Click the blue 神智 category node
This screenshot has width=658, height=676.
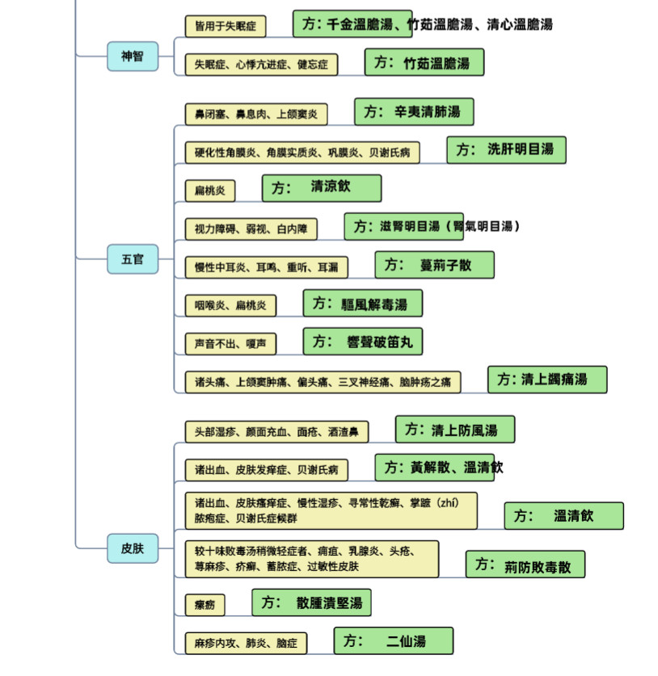click(x=132, y=57)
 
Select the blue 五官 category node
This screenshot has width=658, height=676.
click(x=132, y=259)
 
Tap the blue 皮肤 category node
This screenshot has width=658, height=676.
click(x=132, y=548)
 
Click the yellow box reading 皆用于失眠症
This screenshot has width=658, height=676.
click(x=226, y=26)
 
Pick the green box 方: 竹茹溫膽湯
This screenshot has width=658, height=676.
click(x=424, y=62)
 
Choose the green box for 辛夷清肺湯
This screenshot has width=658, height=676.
click(x=413, y=111)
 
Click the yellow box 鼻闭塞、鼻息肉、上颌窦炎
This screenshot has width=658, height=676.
click(x=255, y=114)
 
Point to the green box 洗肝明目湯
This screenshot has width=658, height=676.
click(x=506, y=149)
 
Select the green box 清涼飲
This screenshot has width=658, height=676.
click(x=321, y=187)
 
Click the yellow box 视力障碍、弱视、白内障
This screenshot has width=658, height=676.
click(x=250, y=229)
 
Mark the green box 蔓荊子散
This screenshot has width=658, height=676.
click(x=434, y=264)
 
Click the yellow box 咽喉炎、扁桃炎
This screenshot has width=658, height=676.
click(x=230, y=305)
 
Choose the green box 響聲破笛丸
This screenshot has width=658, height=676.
click(x=362, y=341)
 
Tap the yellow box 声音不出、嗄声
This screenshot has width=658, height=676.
click(x=230, y=343)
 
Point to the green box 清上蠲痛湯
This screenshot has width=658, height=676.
click(x=546, y=379)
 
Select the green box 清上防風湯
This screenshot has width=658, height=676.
click(x=454, y=429)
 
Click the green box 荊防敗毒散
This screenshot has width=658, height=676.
click(x=525, y=565)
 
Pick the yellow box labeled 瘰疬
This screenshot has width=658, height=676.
click(x=205, y=604)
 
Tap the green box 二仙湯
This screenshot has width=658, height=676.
click(x=393, y=641)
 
